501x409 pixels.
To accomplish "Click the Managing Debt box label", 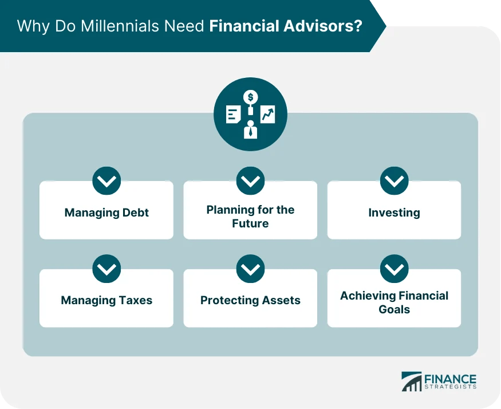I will pos(106,213).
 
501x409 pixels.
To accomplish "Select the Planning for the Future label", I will pos(250,217).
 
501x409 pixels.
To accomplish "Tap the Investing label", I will pos(394,213).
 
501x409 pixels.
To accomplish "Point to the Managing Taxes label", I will pos(106,300).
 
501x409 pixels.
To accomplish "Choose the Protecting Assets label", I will pos(250,300).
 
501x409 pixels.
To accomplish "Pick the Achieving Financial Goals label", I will pos(394,302).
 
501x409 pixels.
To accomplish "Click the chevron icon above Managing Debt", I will pos(106,181).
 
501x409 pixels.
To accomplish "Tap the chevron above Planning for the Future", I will pos(250,181).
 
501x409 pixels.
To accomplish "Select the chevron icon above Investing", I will pos(394,181).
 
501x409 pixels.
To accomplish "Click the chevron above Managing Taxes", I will pos(106,269).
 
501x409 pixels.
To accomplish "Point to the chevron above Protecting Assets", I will pos(250,269).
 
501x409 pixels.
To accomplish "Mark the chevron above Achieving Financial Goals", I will pos(394,269).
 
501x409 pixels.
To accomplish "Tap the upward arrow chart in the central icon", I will pos(267,115).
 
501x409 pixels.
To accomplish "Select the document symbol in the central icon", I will pos(233,115).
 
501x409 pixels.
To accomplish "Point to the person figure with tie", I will pos(250,130).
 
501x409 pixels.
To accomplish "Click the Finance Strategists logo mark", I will pos(411,382).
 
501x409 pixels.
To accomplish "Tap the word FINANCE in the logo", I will pos(450,379).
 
